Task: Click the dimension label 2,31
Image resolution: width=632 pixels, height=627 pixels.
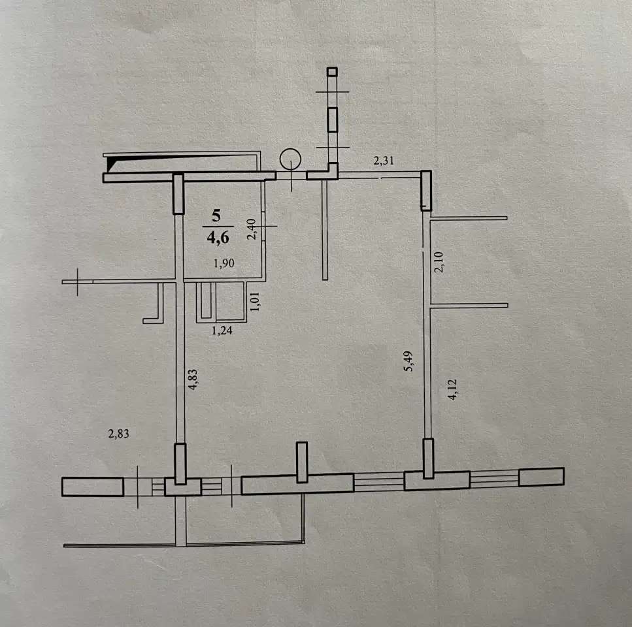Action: (383, 161)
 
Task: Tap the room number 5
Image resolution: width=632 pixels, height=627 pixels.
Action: (216, 216)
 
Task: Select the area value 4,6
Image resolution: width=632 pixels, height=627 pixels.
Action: (218, 238)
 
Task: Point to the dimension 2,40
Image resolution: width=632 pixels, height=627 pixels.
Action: (251, 229)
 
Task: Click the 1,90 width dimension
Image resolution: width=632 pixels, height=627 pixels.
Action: (224, 263)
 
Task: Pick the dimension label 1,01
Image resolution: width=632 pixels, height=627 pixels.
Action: (255, 302)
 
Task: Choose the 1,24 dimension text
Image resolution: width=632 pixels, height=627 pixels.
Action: (222, 330)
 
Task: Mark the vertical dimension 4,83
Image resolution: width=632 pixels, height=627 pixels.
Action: (193, 379)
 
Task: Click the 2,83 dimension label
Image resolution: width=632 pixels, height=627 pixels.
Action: (118, 434)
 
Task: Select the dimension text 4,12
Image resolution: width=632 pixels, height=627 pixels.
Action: (452, 389)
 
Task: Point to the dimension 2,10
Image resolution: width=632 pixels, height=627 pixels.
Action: (439, 262)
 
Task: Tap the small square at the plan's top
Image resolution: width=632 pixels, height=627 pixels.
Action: (332, 72)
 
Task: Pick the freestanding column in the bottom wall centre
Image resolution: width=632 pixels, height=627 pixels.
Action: (302, 462)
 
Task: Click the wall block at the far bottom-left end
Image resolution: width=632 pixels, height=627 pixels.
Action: (93, 487)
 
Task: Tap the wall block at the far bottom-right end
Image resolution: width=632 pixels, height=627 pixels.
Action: (541, 477)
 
